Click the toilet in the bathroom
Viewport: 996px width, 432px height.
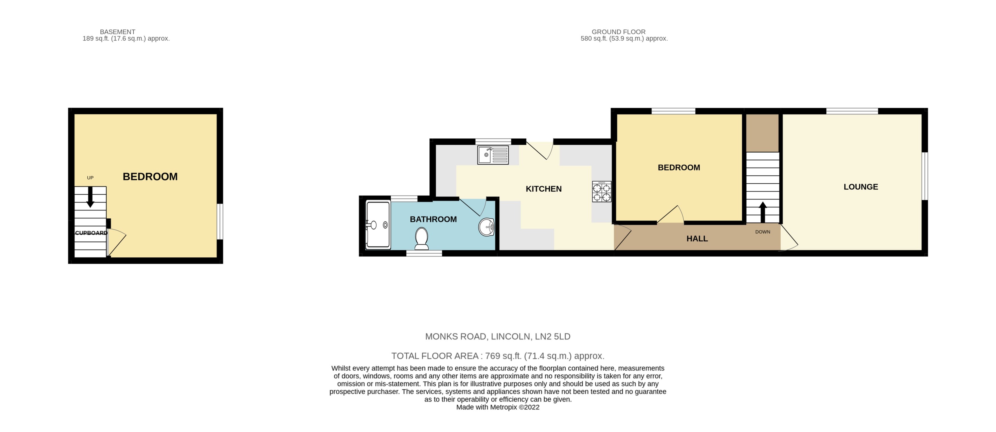tap(421, 238)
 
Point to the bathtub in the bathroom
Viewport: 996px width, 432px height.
tap(378, 224)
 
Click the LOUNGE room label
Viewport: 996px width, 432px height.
tap(860, 187)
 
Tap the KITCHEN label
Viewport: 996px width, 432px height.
tap(543, 189)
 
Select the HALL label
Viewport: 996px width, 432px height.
tap(697, 239)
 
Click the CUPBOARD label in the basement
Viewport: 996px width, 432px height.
tap(91, 233)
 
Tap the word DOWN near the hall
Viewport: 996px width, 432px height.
tap(762, 232)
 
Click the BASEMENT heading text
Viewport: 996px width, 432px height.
tap(118, 32)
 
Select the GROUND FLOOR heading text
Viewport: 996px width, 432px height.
tap(618, 32)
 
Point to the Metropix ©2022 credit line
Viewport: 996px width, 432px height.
tap(498, 407)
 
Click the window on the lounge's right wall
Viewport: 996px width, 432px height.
tap(925, 176)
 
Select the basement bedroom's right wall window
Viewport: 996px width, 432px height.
tap(220, 221)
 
